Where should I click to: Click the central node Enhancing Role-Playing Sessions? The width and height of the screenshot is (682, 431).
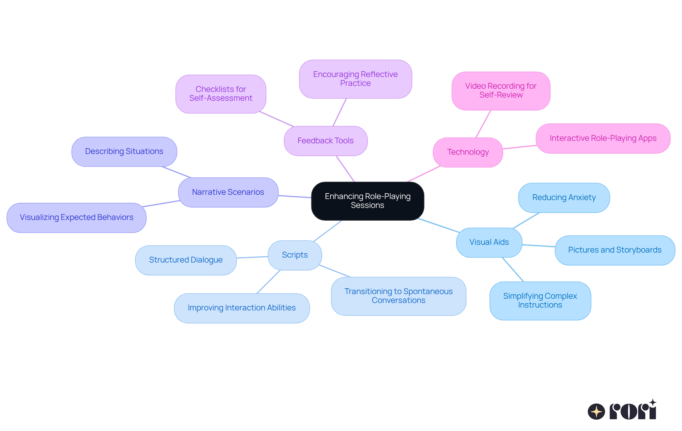pyautogui.click(x=367, y=201)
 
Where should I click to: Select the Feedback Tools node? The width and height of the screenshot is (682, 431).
pyautogui.click(x=325, y=141)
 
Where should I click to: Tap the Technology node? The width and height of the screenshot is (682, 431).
pyautogui.click(x=467, y=152)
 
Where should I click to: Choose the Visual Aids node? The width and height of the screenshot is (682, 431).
pyautogui.click(x=489, y=242)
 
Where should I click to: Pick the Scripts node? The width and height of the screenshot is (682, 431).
pyautogui.click(x=294, y=255)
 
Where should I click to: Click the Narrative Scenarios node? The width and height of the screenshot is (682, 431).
pyautogui.click(x=228, y=192)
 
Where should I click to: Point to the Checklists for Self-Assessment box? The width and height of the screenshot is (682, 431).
pyautogui.click(x=221, y=94)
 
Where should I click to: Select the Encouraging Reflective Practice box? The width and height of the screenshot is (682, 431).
pyautogui.click(x=355, y=79)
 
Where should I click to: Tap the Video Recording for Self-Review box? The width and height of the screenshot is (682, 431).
pyautogui.click(x=500, y=90)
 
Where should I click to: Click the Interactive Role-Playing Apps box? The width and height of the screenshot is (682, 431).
pyautogui.click(x=603, y=138)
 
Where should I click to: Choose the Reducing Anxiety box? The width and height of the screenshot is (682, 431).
pyautogui.click(x=564, y=198)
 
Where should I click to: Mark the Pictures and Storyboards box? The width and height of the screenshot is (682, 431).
pyautogui.click(x=615, y=250)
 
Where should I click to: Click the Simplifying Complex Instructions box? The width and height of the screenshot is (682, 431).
pyautogui.click(x=540, y=300)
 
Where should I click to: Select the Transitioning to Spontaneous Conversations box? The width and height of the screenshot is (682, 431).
pyautogui.click(x=398, y=296)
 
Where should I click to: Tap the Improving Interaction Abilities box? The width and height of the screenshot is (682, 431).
pyautogui.click(x=242, y=308)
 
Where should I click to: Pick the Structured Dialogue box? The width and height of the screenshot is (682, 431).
pyautogui.click(x=185, y=260)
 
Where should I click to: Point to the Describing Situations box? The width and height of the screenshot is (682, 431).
pyautogui.click(x=124, y=151)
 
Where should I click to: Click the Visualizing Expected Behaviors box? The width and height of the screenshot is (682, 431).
pyautogui.click(x=76, y=217)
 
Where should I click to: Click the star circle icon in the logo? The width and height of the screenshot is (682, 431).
pyautogui.click(x=596, y=411)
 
